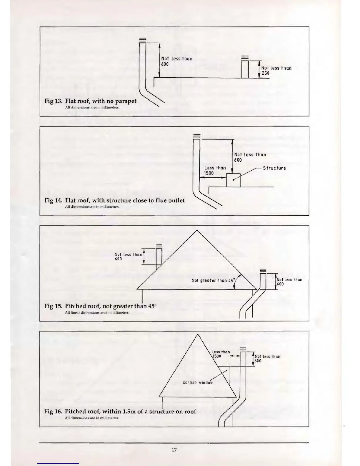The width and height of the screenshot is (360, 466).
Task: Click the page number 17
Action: click(x=174, y=450)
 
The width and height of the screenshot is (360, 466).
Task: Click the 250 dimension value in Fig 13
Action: click(x=265, y=73)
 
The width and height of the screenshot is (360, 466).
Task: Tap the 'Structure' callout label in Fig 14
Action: click(x=274, y=168)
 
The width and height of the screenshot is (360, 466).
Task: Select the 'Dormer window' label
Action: click(x=197, y=382)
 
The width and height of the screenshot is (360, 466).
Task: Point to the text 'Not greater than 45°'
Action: click(x=213, y=280)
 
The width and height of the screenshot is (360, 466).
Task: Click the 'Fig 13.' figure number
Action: click(x=53, y=101)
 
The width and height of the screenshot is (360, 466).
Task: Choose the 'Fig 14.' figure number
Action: click(x=53, y=200)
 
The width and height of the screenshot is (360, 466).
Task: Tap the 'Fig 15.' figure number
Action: click(x=53, y=306)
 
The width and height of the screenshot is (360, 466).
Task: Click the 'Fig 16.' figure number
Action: click(x=53, y=411)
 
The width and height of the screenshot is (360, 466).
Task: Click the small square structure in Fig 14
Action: click(x=233, y=180)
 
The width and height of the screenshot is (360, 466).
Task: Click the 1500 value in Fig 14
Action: click(x=209, y=173)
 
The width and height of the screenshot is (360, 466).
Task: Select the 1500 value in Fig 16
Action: click(x=217, y=356)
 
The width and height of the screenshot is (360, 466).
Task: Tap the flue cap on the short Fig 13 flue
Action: click(x=245, y=57)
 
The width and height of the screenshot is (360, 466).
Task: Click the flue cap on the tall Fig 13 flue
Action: click(x=142, y=40)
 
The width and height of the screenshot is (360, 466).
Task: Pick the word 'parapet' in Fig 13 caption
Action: click(x=126, y=101)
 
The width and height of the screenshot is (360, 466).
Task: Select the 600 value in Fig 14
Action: click(x=238, y=160)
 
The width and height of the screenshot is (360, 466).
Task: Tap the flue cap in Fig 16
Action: click(x=243, y=349)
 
